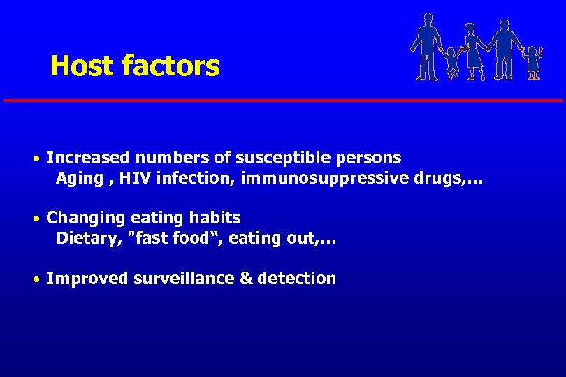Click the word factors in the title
coord(170,66)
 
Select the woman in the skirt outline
coord(474,49)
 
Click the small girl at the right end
coord(534,62)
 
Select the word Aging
coord(79,178)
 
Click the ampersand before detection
coord(245,279)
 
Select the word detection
coord(296,279)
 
